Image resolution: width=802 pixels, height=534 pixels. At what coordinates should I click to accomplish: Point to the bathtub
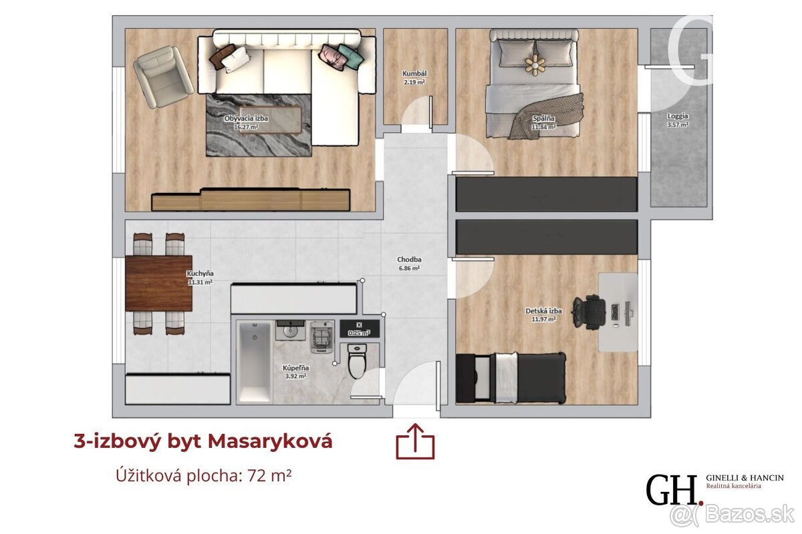[x=255, y=362]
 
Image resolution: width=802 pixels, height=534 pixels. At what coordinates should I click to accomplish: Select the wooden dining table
[x=158, y=283]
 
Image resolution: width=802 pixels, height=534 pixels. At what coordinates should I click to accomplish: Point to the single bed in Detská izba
[x=511, y=378]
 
